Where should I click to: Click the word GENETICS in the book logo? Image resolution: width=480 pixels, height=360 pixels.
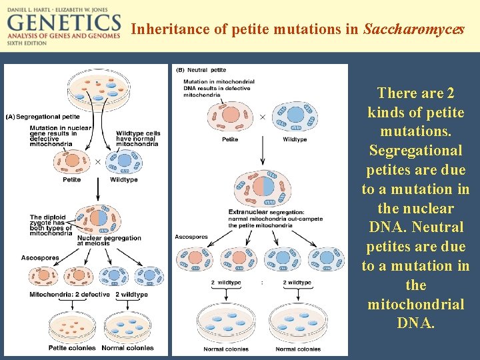(x=63, y=24)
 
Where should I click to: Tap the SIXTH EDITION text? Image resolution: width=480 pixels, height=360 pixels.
(x=26, y=42)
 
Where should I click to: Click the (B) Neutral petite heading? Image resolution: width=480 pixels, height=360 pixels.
(x=201, y=69)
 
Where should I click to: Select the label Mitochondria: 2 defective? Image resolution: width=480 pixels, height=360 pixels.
(x=70, y=294)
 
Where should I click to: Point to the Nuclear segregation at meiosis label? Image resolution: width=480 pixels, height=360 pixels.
(x=109, y=241)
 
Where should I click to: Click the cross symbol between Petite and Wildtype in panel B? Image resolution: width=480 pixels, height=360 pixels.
(x=262, y=116)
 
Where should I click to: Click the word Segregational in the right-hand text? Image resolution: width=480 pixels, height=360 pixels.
(x=415, y=151)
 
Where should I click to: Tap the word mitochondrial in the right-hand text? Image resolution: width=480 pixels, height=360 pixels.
(x=415, y=305)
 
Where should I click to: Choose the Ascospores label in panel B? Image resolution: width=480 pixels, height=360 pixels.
(x=191, y=236)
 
